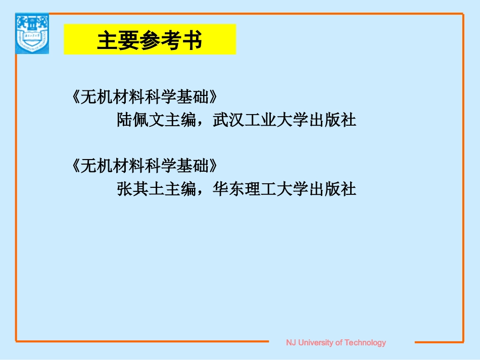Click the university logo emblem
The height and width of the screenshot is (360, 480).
tap(32, 33)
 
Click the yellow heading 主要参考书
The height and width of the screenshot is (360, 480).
tap(150, 40)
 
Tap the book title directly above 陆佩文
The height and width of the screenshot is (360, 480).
tap(146, 96)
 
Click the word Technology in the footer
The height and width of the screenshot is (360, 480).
tap(365, 343)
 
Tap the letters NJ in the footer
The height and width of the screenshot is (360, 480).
tap(291, 343)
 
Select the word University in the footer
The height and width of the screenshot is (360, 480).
tap(316, 343)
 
